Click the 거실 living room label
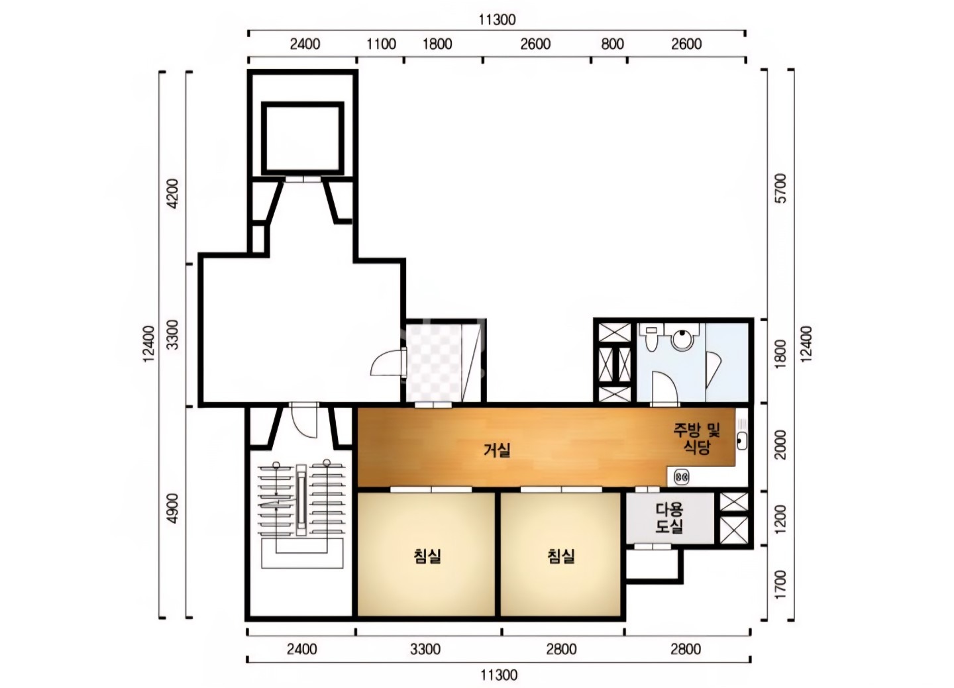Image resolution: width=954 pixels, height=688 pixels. [x=497, y=450]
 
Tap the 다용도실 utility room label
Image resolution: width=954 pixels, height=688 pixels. [x=669, y=518]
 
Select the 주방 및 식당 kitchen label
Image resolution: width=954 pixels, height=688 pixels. [x=696, y=438]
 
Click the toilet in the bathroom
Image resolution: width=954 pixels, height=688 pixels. [x=651, y=338]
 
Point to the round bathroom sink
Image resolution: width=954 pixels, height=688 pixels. [x=682, y=339]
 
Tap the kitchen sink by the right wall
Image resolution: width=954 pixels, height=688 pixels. [x=741, y=440]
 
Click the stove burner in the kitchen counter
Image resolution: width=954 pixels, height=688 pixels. [x=682, y=477]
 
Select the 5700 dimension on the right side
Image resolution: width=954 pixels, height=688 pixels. [x=780, y=188]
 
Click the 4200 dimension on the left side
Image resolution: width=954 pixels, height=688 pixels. [x=172, y=193]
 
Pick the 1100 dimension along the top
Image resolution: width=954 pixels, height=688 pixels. [x=381, y=44]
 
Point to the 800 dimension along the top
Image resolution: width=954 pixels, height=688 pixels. [x=612, y=44]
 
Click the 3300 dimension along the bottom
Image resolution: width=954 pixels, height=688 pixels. [x=425, y=649]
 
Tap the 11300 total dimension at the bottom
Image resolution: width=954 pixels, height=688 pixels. [x=499, y=675]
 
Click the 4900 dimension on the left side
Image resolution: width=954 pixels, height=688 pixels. [x=172, y=509]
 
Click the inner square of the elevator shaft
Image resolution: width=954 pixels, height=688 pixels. [x=303, y=138]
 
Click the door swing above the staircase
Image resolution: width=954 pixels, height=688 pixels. [x=305, y=422]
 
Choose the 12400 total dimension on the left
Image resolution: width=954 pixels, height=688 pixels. [x=148, y=344]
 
